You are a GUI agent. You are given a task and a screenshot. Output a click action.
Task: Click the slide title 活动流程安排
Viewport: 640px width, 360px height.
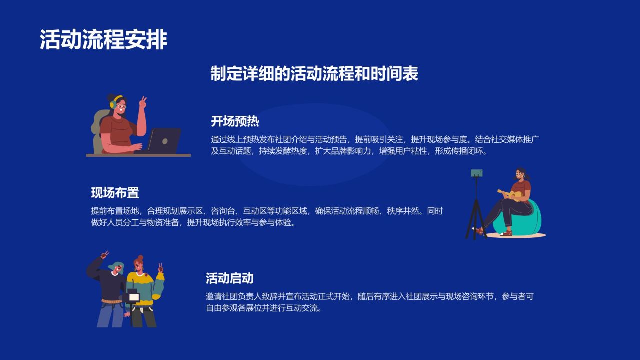pos(103,40)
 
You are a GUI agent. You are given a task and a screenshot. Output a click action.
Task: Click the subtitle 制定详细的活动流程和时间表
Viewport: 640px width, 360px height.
pos(314,74)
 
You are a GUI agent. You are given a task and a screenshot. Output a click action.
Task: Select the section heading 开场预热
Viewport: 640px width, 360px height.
pos(235,121)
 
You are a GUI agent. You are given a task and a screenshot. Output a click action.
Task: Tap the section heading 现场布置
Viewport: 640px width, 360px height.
pos(115,193)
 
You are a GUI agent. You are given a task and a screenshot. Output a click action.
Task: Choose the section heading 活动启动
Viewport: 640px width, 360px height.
pos(229,278)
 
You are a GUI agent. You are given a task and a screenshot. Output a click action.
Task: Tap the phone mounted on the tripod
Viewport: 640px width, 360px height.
pos(476,173)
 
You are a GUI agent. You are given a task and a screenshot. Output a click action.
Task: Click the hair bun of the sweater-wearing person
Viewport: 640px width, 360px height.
pos(140,258)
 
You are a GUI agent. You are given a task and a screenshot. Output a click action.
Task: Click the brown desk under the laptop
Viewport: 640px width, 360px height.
pos(138,155)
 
